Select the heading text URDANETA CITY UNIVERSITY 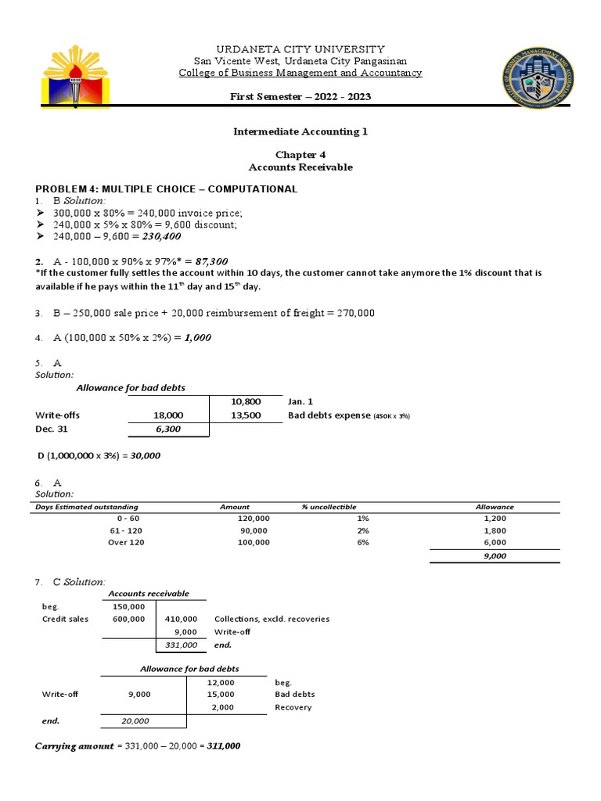(300, 48)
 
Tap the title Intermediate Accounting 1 (300, 131)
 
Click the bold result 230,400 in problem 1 (167, 238)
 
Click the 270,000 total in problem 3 (355, 313)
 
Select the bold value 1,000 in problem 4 (197, 337)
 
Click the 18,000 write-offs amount (168, 415)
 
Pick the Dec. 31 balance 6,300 (168, 429)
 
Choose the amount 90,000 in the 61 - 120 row (253, 530)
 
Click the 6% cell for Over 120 (362, 542)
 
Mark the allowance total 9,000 (495, 555)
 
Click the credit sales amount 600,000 (128, 619)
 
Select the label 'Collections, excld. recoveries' (272, 619)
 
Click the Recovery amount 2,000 (222, 707)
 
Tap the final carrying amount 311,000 (224, 746)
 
